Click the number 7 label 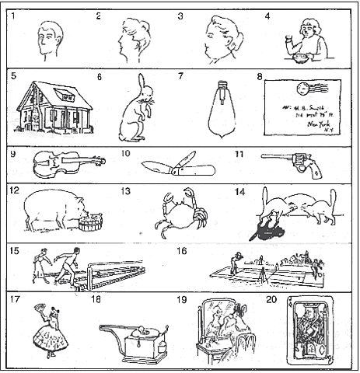(x=181, y=77)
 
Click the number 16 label (x=181, y=252)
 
